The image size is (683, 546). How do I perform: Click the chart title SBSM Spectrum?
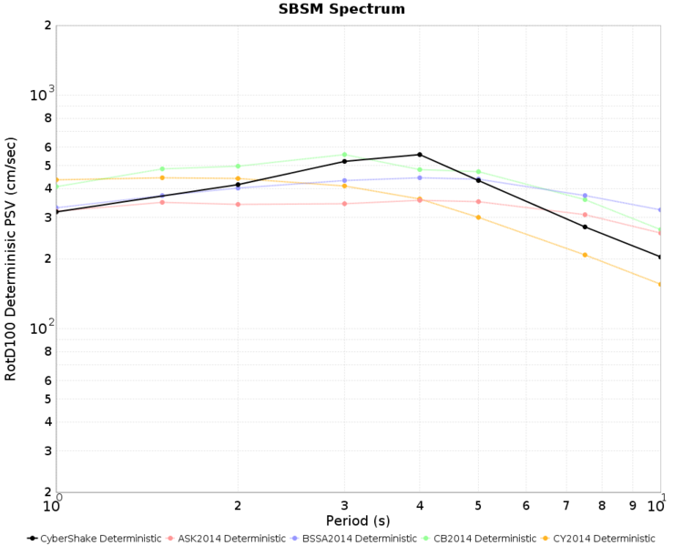pos(341,9)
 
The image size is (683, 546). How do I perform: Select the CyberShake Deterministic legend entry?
pos(94,539)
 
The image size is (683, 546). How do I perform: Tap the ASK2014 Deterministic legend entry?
pos(226,539)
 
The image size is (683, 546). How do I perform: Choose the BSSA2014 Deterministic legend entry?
pos(354,539)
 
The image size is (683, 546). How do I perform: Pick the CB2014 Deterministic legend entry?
pos(480,539)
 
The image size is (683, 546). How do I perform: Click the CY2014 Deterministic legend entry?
pos(598,539)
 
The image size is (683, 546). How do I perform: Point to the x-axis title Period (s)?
pos(358,521)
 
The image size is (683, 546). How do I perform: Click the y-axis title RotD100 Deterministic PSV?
pos(10,259)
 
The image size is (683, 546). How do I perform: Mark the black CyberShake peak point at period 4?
pos(420,155)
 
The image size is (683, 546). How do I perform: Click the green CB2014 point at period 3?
pos(344,155)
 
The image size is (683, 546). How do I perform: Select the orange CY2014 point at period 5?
pos(478,217)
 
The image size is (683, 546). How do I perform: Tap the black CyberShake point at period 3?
pos(344,162)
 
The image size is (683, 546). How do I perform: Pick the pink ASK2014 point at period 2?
pos(238,204)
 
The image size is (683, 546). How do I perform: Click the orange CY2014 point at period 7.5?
pos(585,255)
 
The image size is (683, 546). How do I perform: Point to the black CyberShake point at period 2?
pos(238,185)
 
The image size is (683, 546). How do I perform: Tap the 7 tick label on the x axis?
pos(566,506)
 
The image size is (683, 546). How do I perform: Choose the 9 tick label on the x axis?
pos(633,506)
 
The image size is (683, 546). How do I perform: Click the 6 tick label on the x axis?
pos(526,506)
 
